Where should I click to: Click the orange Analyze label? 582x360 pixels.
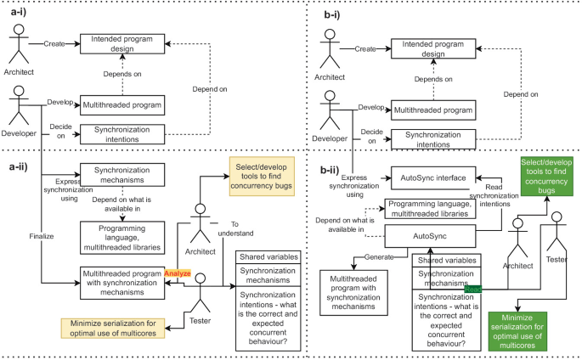178,273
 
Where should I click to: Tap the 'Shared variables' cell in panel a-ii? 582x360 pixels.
271,256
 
